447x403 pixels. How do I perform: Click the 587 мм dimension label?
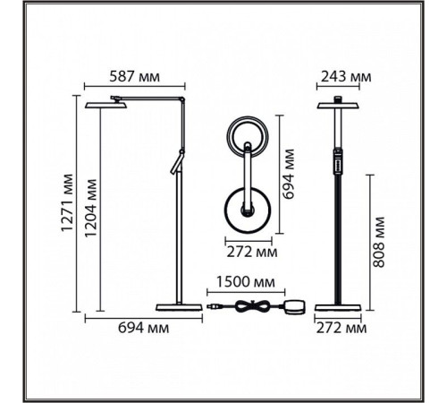point(134,77)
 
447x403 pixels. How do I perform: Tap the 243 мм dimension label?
point(346,77)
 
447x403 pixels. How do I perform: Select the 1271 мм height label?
point(67,202)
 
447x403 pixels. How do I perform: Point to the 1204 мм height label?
point(91,208)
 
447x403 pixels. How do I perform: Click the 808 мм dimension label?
point(379,242)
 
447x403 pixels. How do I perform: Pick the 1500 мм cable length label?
point(246,282)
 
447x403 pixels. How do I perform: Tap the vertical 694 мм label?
point(288,174)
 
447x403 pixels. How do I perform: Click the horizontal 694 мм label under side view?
point(143,328)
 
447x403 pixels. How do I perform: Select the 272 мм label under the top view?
point(252,253)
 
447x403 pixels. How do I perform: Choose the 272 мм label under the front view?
point(342,329)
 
